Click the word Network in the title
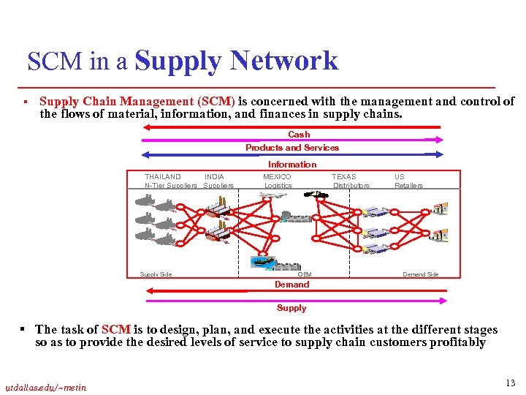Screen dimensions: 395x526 click(283, 61)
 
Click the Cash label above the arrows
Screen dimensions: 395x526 click(299, 135)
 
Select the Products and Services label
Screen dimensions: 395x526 click(292, 148)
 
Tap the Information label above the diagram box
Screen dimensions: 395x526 click(292, 165)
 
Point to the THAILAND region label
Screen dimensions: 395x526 click(163, 177)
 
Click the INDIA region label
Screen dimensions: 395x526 click(214, 177)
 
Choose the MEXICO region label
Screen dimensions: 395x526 click(277, 177)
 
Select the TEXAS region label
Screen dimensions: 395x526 click(344, 177)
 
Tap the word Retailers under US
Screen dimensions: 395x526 click(408, 186)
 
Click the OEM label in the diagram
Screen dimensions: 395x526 click(305, 274)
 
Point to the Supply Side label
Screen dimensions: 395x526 click(156, 274)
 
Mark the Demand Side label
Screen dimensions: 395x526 click(421, 274)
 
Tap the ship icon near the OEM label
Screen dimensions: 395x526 click(262, 261)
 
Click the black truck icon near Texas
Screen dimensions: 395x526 click(316, 195)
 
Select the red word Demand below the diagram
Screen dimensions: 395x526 click(292, 285)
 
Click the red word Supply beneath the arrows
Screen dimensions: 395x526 click(292, 308)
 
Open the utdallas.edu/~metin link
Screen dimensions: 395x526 click(47, 387)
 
